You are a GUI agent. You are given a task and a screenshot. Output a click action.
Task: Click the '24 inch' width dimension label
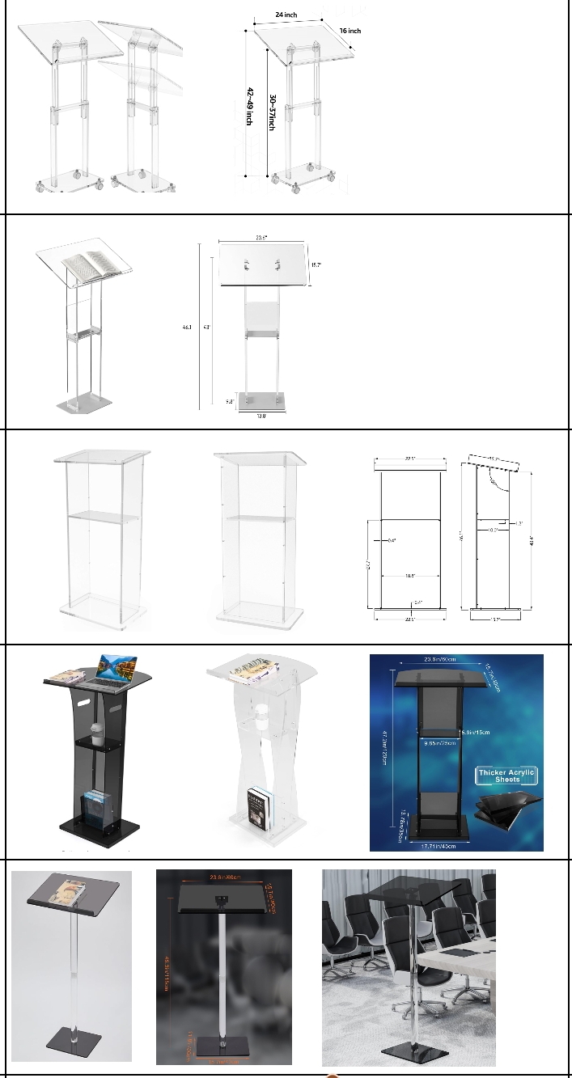pos(286,15)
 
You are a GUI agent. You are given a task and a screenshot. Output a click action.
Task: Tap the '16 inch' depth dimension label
pos(350,31)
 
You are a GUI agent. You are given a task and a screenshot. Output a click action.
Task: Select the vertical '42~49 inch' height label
pos(250,105)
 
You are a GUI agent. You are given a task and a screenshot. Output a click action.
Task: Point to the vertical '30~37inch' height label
pos(273,114)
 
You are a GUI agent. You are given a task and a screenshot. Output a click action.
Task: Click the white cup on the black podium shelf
pos(96,733)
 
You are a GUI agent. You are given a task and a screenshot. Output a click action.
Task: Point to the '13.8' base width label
pos(261,416)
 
